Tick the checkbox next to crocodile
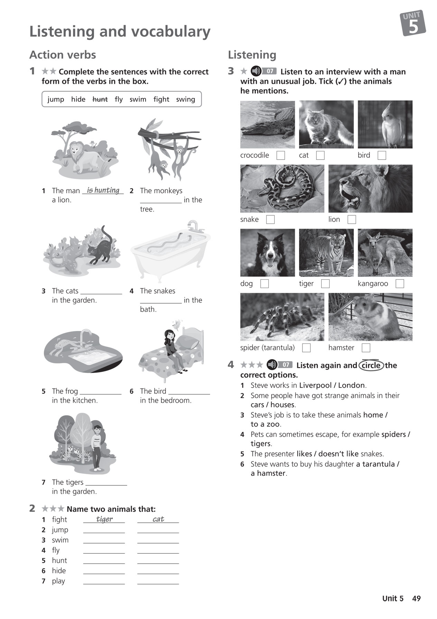(x=281, y=155)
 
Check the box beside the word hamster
(x=366, y=348)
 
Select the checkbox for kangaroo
(x=400, y=284)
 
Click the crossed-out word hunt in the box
(x=100, y=99)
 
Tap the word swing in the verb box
(x=185, y=99)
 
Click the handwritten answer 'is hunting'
(x=103, y=190)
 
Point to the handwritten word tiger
(x=104, y=519)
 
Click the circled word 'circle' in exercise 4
(x=371, y=366)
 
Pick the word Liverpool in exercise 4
(x=315, y=385)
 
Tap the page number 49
(x=416, y=599)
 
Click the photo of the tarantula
(x=282, y=317)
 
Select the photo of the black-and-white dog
(x=267, y=253)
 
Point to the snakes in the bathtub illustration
(x=169, y=242)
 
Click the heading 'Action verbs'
(x=63, y=55)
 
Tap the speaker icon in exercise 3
(x=256, y=71)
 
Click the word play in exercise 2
(x=58, y=581)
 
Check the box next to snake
(x=270, y=219)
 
